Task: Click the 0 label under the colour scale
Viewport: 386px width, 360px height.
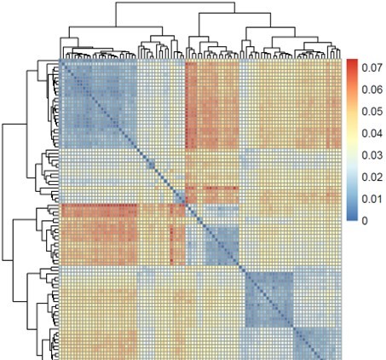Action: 364,220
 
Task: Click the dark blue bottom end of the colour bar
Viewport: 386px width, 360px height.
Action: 352,218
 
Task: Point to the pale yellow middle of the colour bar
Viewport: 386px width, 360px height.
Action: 352,136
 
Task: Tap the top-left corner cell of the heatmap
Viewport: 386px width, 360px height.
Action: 62,63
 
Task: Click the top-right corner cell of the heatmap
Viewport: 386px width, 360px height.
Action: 338,63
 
